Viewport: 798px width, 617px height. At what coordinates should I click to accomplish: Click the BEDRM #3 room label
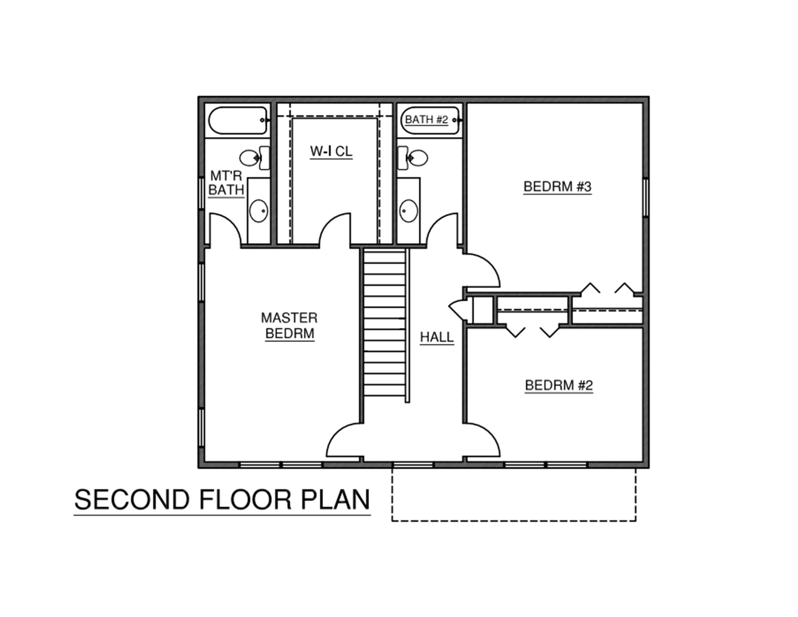pos(557,187)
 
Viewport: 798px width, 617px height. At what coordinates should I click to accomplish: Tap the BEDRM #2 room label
pos(559,386)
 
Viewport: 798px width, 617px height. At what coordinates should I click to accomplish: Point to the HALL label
pos(437,337)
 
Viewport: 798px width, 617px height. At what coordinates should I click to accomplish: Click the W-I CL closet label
pos(331,151)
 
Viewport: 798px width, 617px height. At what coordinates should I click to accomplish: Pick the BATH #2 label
pos(427,120)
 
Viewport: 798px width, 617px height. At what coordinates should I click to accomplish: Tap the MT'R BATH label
pos(226,183)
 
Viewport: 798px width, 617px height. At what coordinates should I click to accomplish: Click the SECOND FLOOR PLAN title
pos(222,500)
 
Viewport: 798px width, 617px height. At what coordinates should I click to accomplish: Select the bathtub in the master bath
pos(238,120)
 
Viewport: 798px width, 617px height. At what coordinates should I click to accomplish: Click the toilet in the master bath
pos(254,158)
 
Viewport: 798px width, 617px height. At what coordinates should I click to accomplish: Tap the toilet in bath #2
pos(413,158)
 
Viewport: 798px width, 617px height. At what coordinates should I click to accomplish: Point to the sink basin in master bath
pos(259,211)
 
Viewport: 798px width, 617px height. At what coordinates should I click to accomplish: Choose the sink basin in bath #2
pos(408,211)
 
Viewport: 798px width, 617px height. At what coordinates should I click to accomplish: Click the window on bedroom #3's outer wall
pos(646,197)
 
